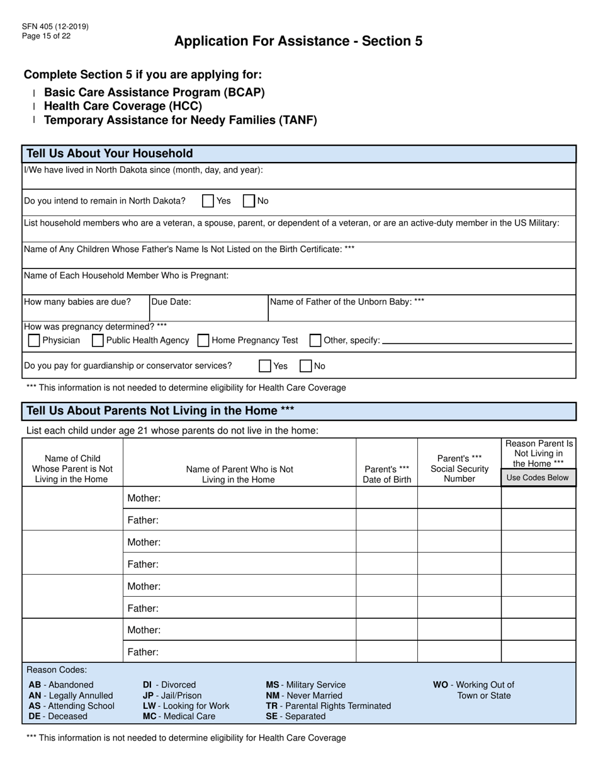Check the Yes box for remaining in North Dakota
point(208,201)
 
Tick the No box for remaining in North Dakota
point(249,201)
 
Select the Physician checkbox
point(35,340)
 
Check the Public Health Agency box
point(98,340)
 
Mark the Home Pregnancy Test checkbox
point(203,340)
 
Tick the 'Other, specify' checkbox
point(315,340)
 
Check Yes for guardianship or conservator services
point(265,365)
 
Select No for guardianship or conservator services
point(305,365)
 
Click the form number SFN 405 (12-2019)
point(55,26)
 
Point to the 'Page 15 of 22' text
point(46,36)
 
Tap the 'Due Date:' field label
point(171,302)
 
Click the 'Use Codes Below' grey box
point(538,478)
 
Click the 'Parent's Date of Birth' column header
point(387,474)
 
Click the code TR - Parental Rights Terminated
point(328,706)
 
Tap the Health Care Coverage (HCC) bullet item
point(123,106)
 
